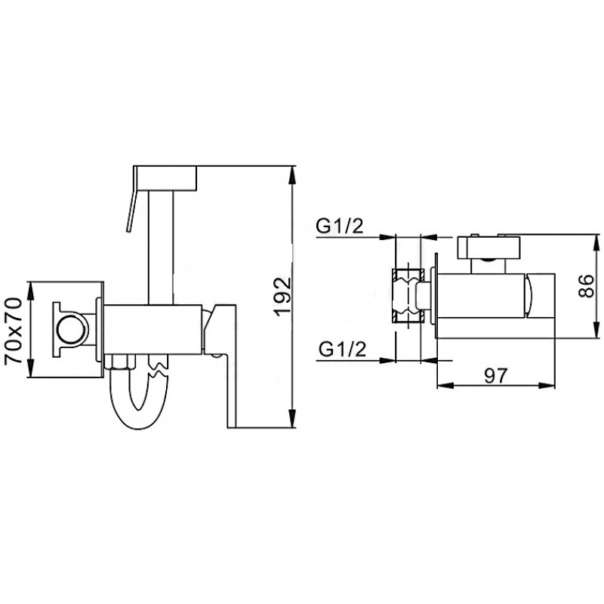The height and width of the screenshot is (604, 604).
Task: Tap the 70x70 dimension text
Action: [x=14, y=331]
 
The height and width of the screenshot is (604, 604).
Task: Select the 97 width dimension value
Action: [x=496, y=375]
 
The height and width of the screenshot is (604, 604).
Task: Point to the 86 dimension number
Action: [x=586, y=285]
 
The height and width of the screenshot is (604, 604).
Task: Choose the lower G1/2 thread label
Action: [x=342, y=350]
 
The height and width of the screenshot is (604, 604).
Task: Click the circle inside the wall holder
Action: [x=72, y=330]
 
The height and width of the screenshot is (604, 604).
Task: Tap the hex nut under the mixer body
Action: [x=120, y=362]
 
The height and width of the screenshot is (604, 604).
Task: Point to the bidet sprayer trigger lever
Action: [x=131, y=199]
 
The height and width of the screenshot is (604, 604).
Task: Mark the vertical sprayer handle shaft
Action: [x=161, y=248]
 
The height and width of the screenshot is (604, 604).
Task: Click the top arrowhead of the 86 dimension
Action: [x=596, y=242]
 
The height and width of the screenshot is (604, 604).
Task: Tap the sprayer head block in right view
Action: [x=488, y=248]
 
